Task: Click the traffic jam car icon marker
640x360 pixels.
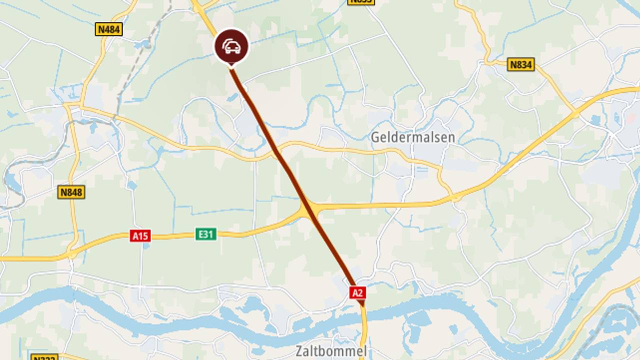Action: click(x=231, y=46)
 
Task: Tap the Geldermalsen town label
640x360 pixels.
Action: click(x=413, y=137)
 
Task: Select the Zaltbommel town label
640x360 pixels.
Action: click(x=330, y=351)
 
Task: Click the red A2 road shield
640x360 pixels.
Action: click(x=357, y=292)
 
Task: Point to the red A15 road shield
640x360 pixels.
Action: click(x=140, y=235)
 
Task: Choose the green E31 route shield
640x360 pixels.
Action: click(x=206, y=234)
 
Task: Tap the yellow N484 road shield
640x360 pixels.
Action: click(x=108, y=29)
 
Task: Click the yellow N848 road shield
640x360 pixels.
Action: click(x=71, y=192)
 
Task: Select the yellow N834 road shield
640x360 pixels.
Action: click(x=520, y=64)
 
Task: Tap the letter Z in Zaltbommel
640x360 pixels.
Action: click(x=299, y=351)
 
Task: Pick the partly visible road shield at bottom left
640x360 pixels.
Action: click(x=44, y=357)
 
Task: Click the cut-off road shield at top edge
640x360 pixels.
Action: click(x=360, y=2)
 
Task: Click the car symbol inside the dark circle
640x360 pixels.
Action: click(x=231, y=46)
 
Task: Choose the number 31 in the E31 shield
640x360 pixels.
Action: click(x=209, y=234)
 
